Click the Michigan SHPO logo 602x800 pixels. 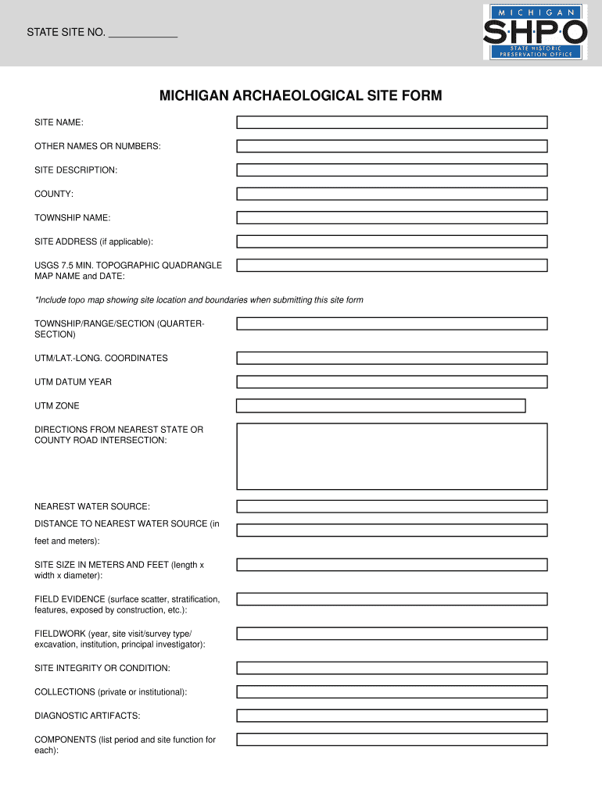point(535,32)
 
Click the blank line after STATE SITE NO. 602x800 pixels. point(143,34)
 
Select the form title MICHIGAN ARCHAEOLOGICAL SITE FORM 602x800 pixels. point(301,96)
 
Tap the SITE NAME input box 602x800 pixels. point(392,123)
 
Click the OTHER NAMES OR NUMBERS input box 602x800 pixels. point(392,146)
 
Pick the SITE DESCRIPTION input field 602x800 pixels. point(392,170)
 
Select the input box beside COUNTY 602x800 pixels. point(392,194)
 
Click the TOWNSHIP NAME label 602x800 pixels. point(72,217)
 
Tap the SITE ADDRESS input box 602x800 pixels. point(392,241)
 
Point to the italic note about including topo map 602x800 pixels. point(199,300)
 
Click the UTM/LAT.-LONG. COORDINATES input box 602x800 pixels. point(392,358)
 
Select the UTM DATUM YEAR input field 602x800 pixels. point(392,382)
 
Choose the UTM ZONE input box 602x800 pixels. point(381,405)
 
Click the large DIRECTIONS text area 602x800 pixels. point(392,456)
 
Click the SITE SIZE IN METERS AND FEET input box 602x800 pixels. point(392,564)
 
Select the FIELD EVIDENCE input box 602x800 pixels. point(392,599)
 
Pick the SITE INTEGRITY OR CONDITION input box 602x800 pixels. point(392,668)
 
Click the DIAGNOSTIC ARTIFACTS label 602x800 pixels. point(88,716)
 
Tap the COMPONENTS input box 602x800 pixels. point(392,740)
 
